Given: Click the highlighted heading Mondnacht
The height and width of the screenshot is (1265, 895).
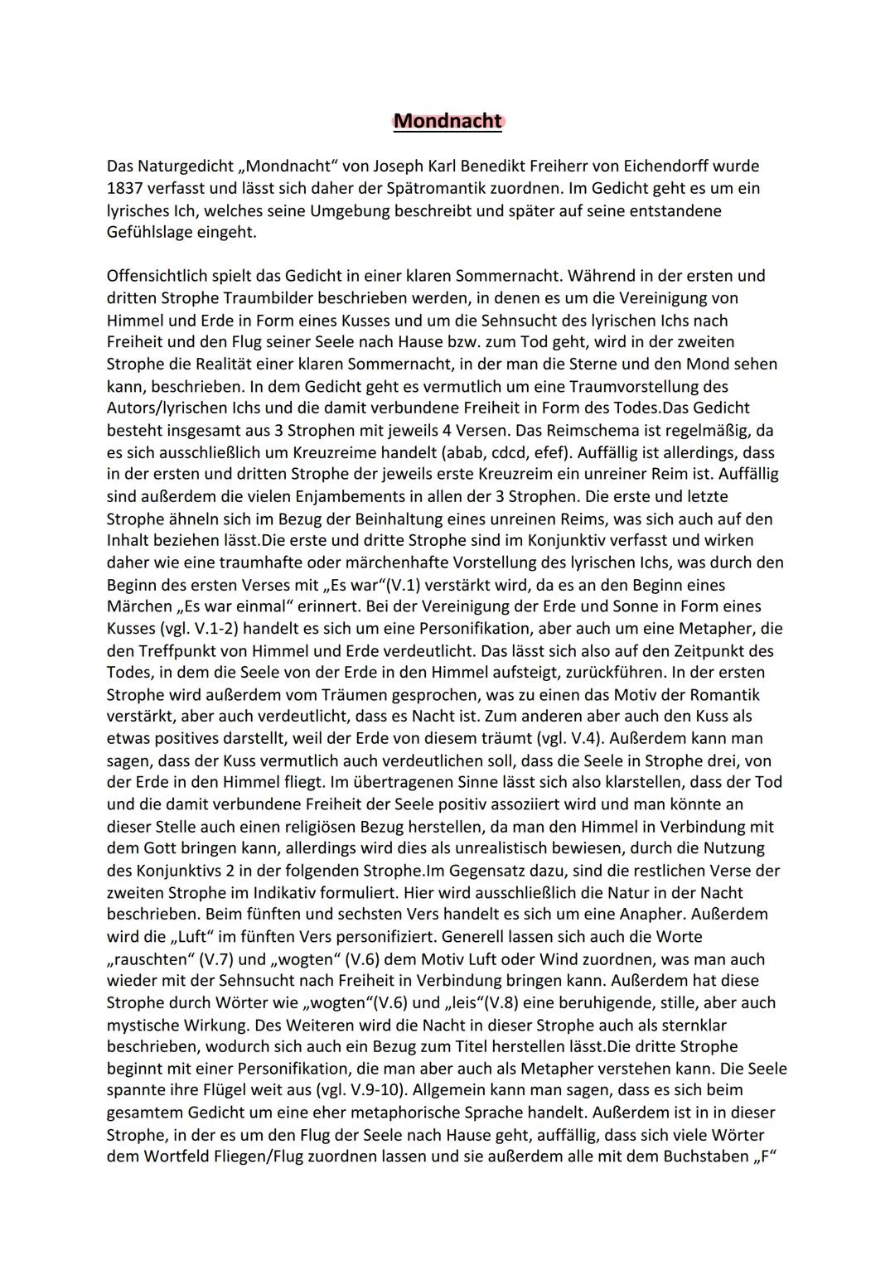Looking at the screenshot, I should [x=447, y=121].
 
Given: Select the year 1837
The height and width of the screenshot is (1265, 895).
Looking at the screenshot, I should [x=125, y=188].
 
